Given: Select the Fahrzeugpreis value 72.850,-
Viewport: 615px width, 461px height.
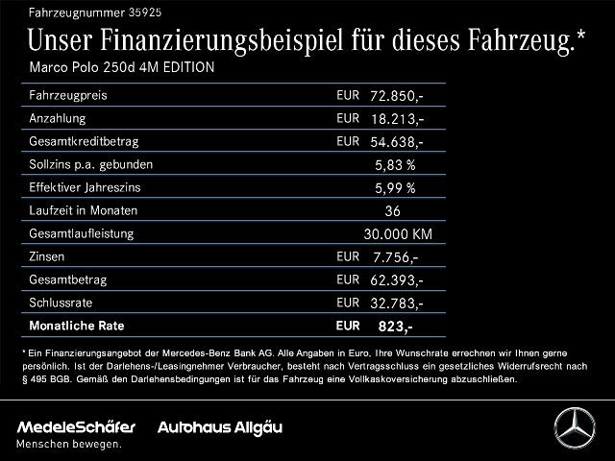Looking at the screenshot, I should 396,97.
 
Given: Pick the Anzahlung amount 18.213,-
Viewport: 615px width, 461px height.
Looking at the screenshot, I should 396,119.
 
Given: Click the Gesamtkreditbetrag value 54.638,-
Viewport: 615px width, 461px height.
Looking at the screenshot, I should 396,142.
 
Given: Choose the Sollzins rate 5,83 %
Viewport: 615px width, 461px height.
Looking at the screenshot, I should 395,164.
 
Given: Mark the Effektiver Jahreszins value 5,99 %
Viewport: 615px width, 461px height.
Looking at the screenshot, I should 395,187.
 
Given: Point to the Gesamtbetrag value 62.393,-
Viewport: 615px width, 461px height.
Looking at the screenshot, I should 396,279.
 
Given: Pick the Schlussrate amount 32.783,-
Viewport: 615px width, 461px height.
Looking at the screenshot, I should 396,303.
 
